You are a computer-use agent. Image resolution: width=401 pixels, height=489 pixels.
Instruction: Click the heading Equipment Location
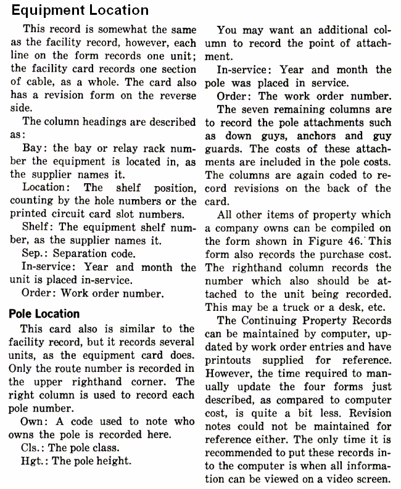point(80,10)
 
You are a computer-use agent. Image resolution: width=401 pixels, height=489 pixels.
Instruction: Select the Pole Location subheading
point(45,313)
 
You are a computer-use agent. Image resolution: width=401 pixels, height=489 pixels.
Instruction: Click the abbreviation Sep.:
point(36,253)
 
